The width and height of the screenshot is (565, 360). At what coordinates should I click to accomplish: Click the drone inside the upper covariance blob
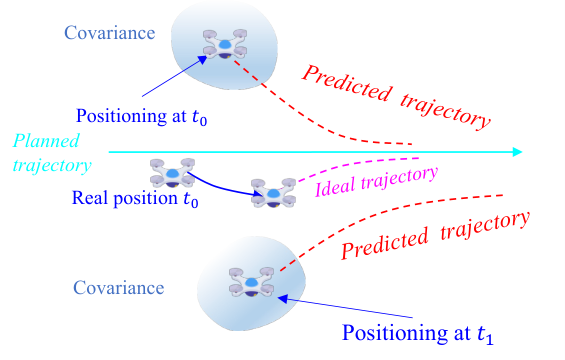click(225, 44)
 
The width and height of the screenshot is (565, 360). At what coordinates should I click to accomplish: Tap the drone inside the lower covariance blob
click(252, 282)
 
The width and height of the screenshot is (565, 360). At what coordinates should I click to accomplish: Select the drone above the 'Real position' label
click(172, 173)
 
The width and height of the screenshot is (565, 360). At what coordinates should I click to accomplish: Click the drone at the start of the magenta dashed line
click(273, 193)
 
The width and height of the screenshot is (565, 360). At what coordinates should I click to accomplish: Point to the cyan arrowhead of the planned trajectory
click(517, 152)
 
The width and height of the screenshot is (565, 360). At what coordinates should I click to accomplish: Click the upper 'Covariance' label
click(110, 33)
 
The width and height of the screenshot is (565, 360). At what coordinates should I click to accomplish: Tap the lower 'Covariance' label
click(119, 288)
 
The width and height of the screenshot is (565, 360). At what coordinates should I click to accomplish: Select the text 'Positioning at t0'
click(142, 116)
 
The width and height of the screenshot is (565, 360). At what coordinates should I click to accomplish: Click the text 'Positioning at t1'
click(417, 333)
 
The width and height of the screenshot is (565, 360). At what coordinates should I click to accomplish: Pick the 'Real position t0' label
click(135, 199)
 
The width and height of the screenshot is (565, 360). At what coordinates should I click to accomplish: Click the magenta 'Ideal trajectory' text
click(377, 182)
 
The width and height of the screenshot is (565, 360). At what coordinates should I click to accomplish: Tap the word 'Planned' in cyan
click(46, 141)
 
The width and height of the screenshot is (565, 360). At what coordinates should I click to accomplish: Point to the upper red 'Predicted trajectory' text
click(396, 96)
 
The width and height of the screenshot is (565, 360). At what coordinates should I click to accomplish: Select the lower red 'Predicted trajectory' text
click(435, 235)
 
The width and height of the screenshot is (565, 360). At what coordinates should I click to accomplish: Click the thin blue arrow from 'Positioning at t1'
click(345, 308)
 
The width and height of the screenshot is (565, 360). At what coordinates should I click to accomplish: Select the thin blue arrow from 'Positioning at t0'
click(175, 76)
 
